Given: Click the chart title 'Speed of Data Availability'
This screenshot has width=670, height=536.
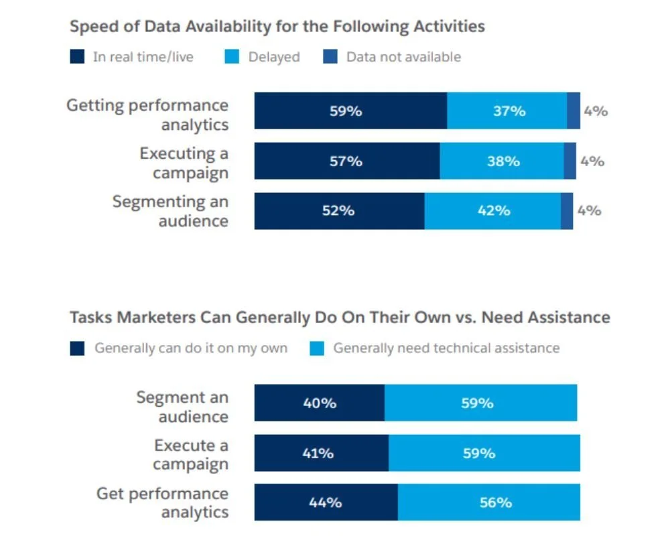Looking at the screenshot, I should [x=277, y=27].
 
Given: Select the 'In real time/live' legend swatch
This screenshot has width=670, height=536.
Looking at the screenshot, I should [x=78, y=58].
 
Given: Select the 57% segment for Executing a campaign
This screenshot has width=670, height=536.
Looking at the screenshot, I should [x=346, y=161].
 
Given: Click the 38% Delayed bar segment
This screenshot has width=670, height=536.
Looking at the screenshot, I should [x=502, y=161].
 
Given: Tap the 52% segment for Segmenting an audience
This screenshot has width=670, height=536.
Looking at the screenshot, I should [x=339, y=211].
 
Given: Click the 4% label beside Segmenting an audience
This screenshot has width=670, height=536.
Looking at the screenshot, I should [x=589, y=211].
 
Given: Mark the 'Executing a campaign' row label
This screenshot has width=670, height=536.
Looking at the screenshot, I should [x=185, y=163].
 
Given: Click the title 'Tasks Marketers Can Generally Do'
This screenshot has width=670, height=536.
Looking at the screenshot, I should [x=340, y=317].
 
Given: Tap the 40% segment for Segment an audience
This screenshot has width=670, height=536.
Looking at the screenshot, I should [x=319, y=403].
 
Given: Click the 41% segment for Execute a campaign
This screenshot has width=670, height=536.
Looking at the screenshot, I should [x=321, y=453].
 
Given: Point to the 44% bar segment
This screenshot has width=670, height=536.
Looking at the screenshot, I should [x=326, y=503].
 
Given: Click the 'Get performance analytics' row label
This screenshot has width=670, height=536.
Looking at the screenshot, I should [x=163, y=503].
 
